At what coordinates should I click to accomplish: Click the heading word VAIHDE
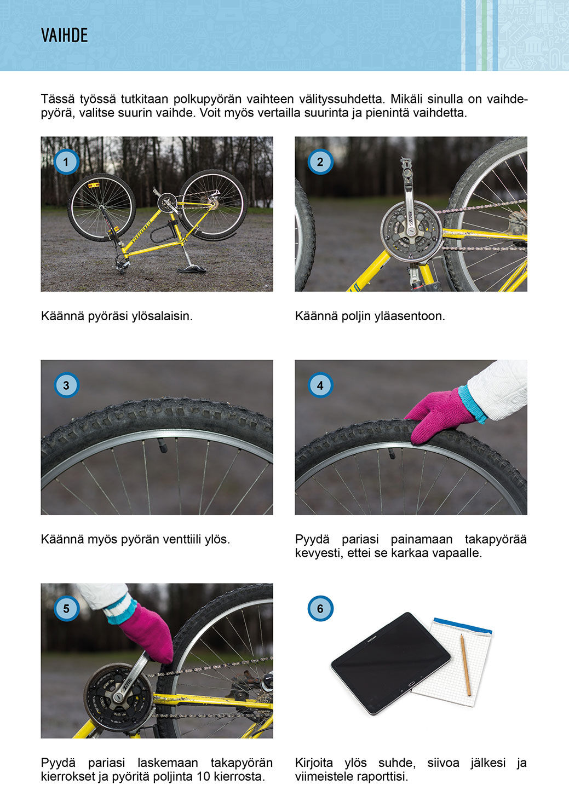pos(64,36)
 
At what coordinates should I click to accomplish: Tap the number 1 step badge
pos(66,162)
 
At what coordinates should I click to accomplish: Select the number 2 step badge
pos(320,162)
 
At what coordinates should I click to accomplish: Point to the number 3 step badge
pos(66,385)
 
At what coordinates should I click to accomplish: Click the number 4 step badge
pos(320,385)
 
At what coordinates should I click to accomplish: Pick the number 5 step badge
pos(66,609)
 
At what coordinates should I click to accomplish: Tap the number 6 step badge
pos(320,609)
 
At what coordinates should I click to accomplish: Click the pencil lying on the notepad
pos(465,665)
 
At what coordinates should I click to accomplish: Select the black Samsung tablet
pos(391,662)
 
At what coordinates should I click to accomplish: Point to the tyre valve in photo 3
pos(162,446)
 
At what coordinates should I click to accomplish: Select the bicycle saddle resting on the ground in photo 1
pos(192,269)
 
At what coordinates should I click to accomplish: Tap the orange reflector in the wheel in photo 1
pos(94,186)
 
